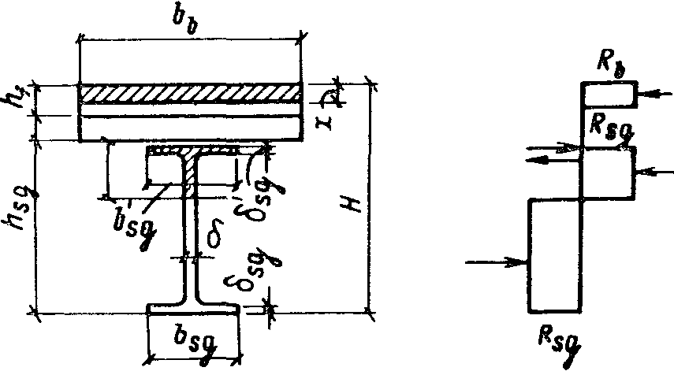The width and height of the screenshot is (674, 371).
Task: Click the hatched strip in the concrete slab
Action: [x=190, y=93]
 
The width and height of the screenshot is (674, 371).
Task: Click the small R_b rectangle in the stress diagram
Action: [x=609, y=94]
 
